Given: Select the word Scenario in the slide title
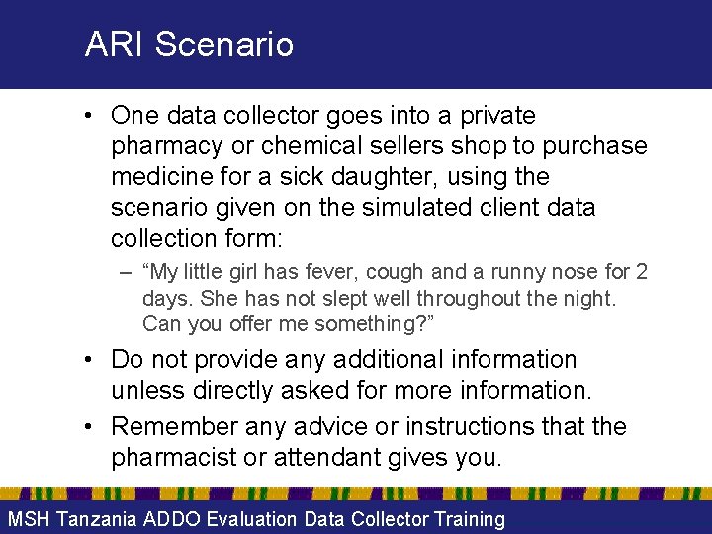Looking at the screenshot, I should pyautogui.click(x=224, y=44).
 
